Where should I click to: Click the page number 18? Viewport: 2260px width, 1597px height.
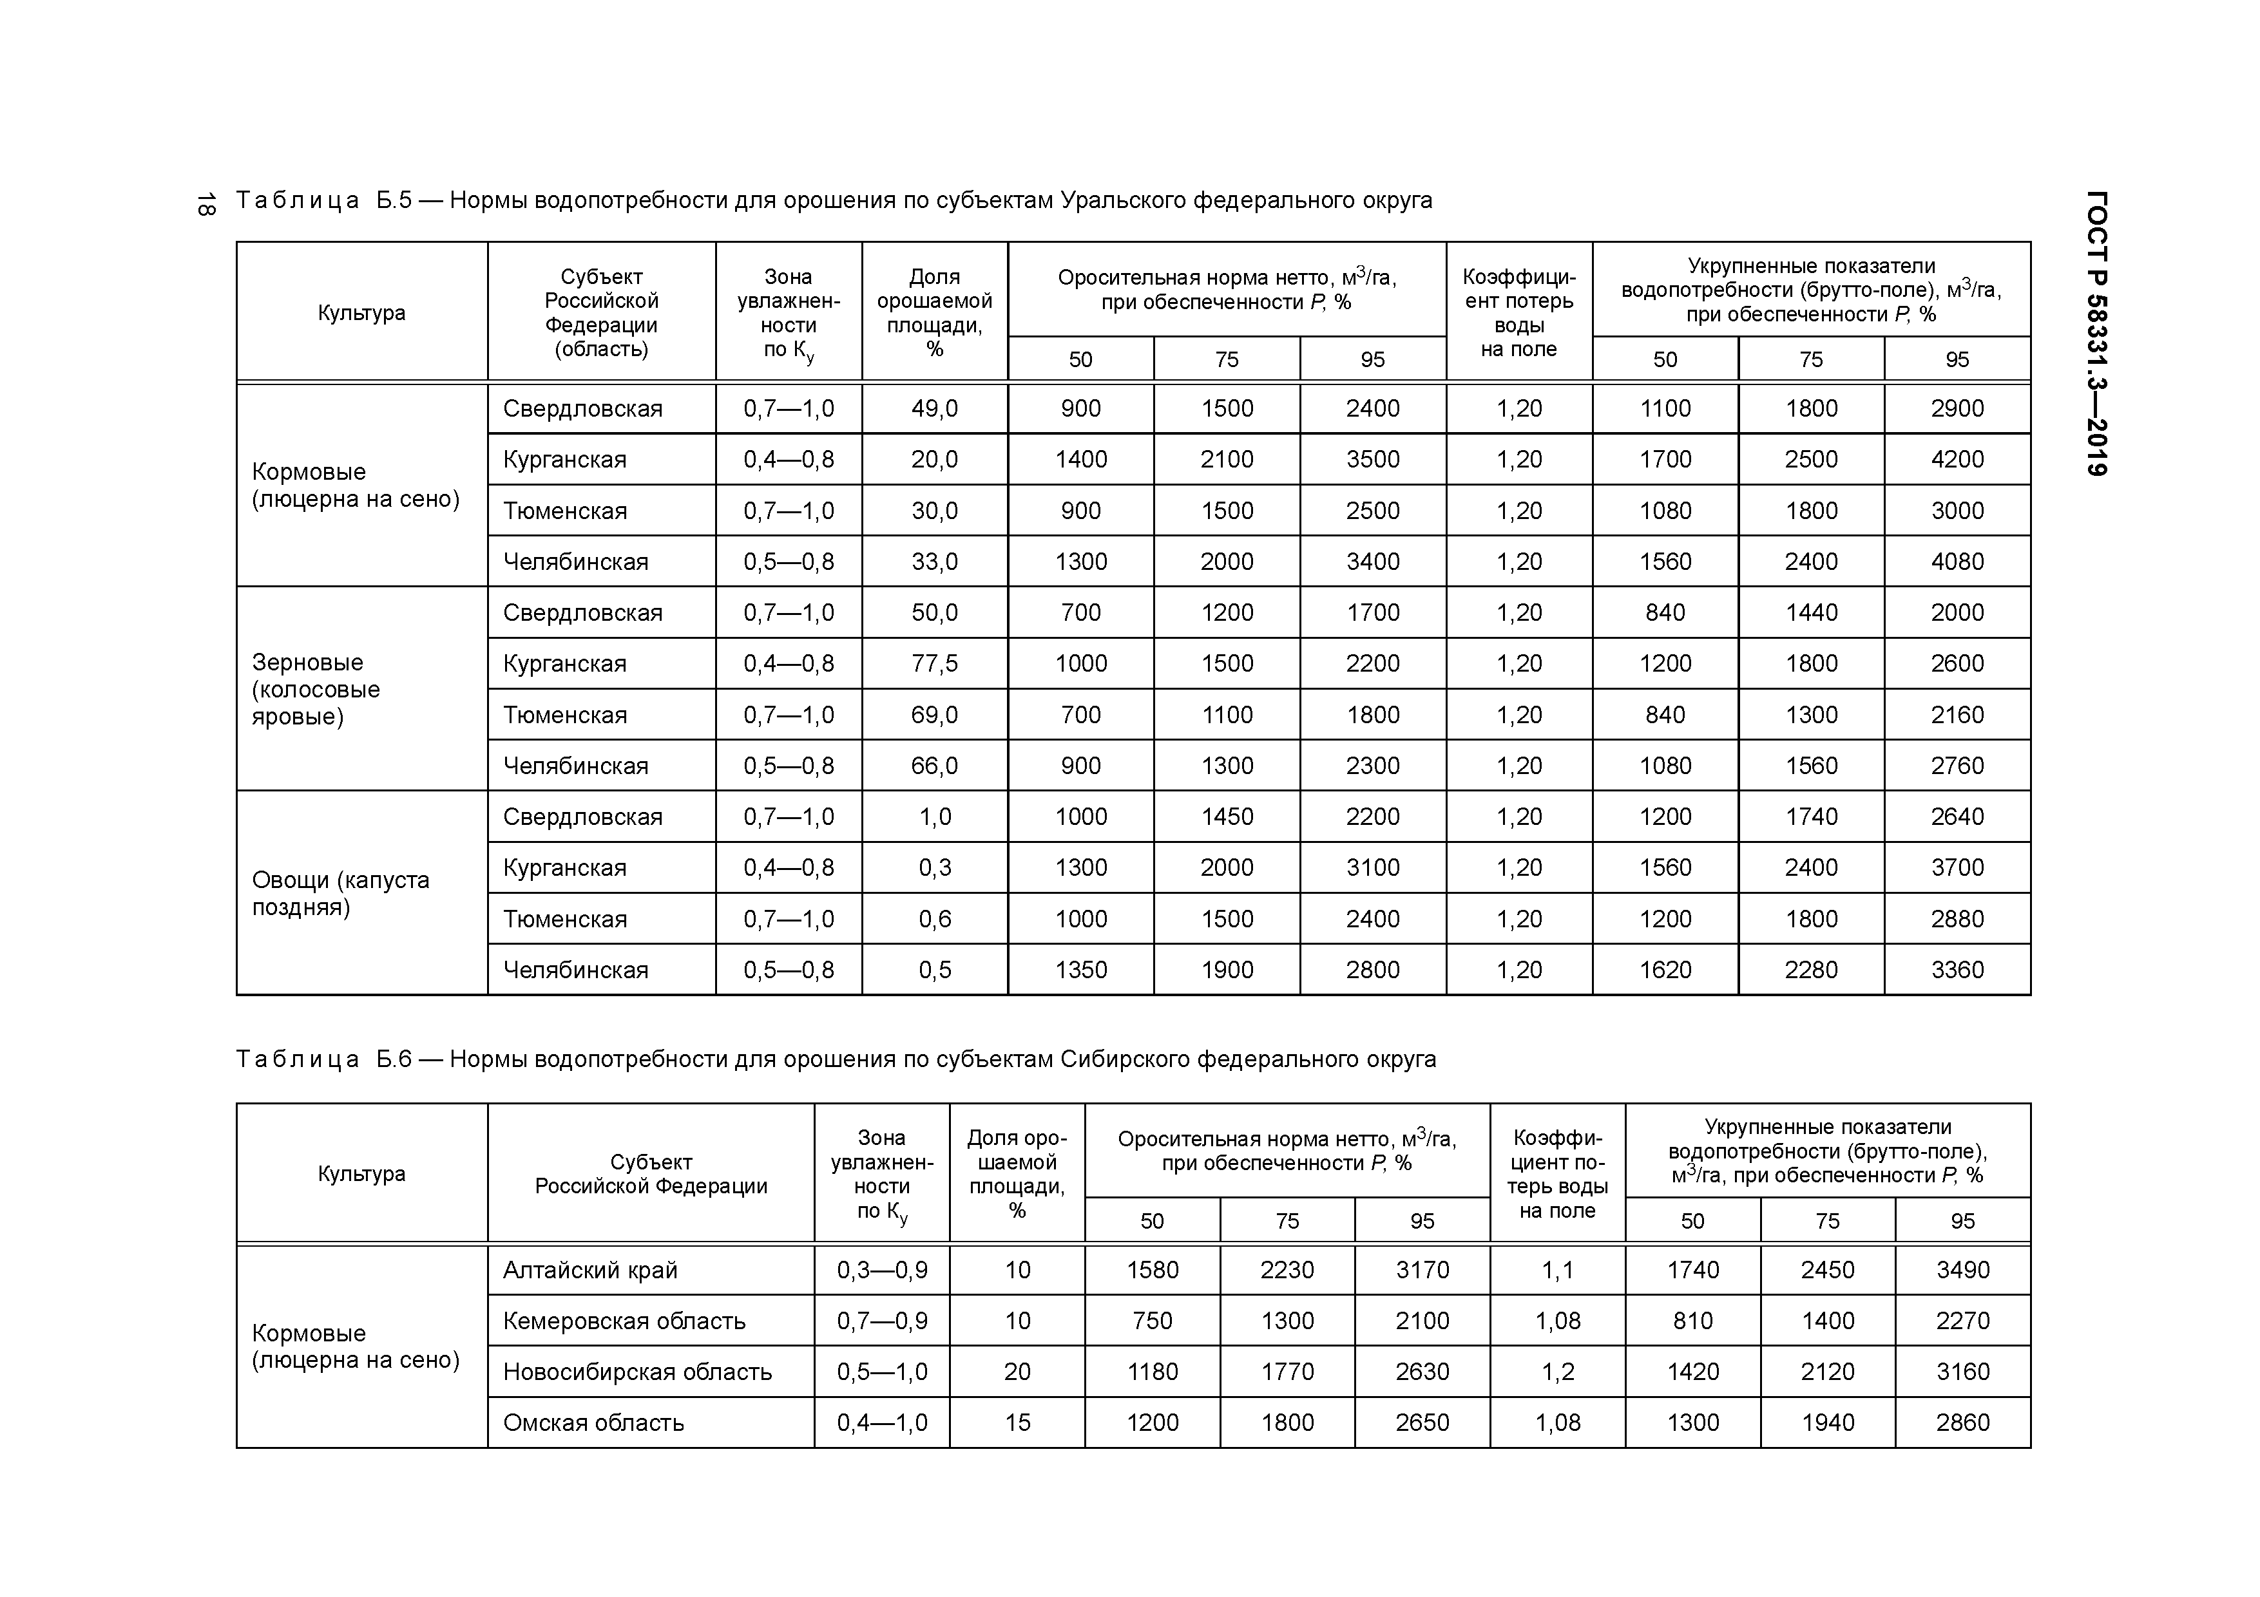tap(206, 203)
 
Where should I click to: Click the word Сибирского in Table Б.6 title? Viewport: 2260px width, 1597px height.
tap(1125, 1060)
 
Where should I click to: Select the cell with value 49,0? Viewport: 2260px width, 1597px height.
tap(934, 408)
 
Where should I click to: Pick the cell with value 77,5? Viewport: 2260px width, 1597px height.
tap(934, 663)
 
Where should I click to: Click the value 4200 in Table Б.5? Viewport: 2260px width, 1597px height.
tap(1957, 460)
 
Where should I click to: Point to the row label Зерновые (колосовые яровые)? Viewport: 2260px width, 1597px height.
tap(316, 689)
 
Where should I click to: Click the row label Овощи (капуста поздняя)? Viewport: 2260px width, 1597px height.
tap(341, 893)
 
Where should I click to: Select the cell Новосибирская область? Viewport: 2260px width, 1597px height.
tap(637, 1372)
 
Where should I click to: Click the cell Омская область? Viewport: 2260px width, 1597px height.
tap(593, 1423)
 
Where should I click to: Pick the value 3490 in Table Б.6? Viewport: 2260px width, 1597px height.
tap(1962, 1271)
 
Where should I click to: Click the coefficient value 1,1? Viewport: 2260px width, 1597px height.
tap(1557, 1271)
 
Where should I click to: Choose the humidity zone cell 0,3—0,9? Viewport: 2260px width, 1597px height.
tap(882, 1271)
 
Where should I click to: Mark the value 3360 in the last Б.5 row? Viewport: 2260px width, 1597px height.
tap(1957, 970)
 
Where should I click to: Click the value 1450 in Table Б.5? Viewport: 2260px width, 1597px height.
tap(1227, 817)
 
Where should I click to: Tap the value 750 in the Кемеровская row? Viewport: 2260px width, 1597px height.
tap(1152, 1321)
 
